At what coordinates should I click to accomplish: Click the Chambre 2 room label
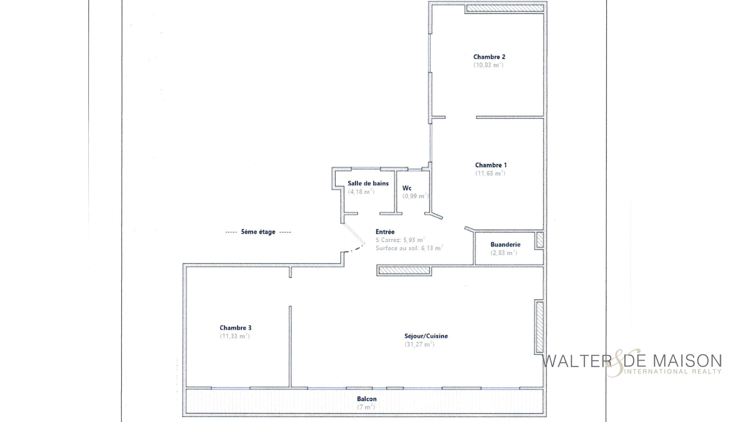(489, 57)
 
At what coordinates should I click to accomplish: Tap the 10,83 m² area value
(489, 65)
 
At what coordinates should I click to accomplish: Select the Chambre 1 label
(491, 165)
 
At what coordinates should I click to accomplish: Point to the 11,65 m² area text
(490, 173)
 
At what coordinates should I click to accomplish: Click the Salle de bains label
(368, 183)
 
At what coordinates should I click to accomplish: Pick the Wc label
(407, 188)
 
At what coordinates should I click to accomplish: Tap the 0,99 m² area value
(415, 196)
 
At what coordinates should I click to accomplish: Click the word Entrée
(385, 232)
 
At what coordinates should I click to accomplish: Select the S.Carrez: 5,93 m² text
(400, 240)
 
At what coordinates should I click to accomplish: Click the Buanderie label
(505, 245)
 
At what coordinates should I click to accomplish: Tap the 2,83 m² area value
(504, 253)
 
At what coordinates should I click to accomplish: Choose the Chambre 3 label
(235, 328)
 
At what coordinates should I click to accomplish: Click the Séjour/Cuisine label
(426, 336)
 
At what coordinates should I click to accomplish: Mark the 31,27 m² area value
(419, 345)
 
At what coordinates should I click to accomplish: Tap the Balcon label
(367, 399)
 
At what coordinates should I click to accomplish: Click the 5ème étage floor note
(258, 232)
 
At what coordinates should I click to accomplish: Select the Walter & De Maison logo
(631, 363)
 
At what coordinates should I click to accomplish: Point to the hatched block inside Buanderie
(540, 240)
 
